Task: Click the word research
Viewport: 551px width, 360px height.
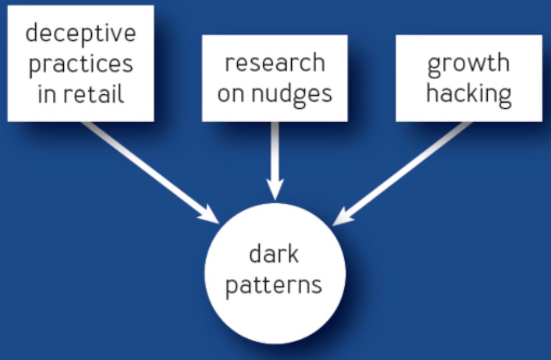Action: pyautogui.click(x=274, y=63)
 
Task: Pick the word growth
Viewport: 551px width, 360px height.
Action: pyautogui.click(x=468, y=63)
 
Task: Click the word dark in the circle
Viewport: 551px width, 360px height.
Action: pyautogui.click(x=274, y=254)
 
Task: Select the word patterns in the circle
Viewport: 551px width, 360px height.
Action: pyautogui.click(x=274, y=284)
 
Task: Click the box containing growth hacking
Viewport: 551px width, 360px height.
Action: pyautogui.click(x=468, y=78)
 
